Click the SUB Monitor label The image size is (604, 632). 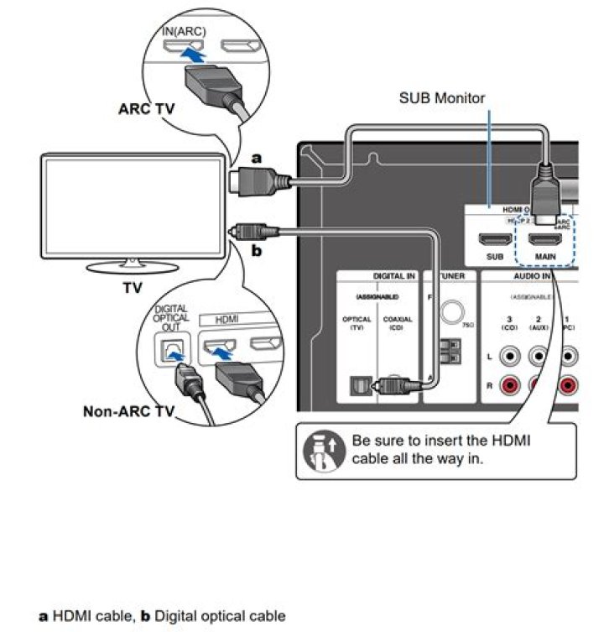pos(441,98)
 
